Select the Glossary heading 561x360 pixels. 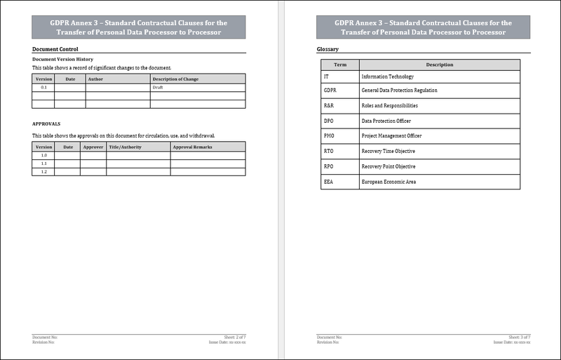coord(328,49)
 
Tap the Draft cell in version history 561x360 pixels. coord(157,88)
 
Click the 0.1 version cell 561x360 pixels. coord(44,88)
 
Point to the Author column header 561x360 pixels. coord(95,79)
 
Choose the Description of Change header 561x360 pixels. coord(175,79)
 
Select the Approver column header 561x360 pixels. coord(93,147)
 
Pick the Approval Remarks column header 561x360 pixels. coord(192,147)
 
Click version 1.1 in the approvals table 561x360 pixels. coord(43,164)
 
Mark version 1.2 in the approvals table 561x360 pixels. coord(43,172)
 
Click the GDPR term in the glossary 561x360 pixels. coord(330,91)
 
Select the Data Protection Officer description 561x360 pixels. coord(386,121)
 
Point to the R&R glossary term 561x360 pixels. coord(328,105)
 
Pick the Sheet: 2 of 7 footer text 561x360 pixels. coord(234,337)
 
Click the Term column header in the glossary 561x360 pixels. coord(339,65)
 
